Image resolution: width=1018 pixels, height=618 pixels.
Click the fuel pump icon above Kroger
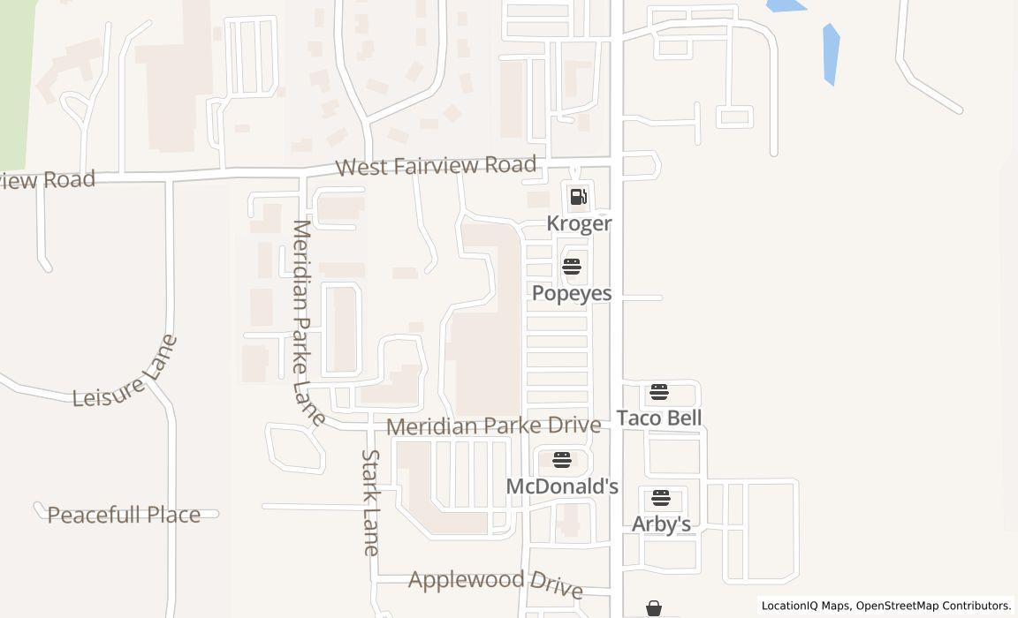point(578,197)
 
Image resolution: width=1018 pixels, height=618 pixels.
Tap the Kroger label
point(579,223)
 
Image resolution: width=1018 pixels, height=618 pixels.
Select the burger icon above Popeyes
point(572,267)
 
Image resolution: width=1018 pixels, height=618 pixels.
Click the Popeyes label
point(572,293)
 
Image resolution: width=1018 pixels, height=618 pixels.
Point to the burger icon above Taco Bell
point(659,392)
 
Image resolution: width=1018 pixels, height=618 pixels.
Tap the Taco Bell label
point(659,418)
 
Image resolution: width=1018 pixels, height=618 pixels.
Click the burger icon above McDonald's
point(561,460)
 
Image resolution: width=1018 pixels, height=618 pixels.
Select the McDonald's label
point(562,486)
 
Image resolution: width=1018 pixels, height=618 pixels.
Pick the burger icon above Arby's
point(661,498)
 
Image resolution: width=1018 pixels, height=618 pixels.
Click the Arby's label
point(661,524)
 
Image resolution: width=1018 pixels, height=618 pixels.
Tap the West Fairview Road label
point(436,166)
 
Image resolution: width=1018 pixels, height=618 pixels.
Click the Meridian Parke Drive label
point(493,426)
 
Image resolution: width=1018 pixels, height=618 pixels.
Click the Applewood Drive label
point(495,583)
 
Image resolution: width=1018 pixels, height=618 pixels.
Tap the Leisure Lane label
point(125,373)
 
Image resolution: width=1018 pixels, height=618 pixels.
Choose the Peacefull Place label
point(124,515)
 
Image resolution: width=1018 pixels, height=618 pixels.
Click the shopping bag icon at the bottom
point(654,608)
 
